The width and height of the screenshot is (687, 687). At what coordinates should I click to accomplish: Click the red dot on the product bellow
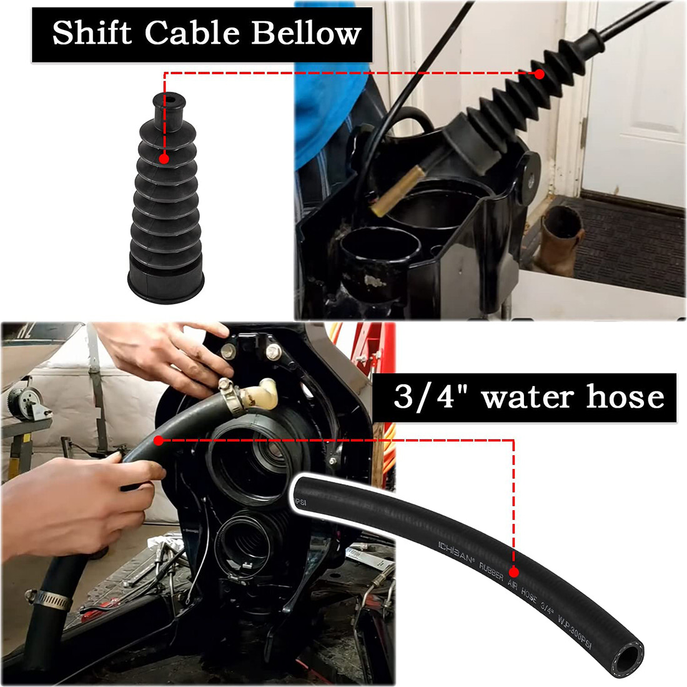point(164,159)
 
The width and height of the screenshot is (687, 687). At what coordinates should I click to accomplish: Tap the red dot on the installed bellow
point(539,74)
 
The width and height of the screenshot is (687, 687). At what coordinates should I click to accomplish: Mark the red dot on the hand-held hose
point(158,440)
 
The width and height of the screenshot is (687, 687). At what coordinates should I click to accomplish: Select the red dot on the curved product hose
point(513,571)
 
